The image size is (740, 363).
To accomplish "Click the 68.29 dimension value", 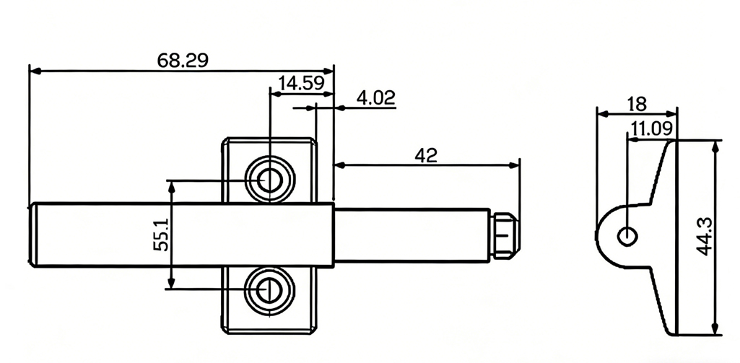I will click(183, 60).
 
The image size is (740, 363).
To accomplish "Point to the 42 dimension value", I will click(426, 154).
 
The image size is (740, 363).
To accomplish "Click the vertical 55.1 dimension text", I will click(160, 235).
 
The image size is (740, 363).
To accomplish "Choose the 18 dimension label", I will click(636, 104).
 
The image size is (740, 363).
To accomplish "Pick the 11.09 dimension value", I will click(651, 129).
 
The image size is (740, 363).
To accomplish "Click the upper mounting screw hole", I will click(269, 180).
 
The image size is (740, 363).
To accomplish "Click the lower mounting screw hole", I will click(269, 289).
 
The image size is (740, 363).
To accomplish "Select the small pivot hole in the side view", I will click(627, 235).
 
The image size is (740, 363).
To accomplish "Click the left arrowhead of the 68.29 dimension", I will click(33, 71).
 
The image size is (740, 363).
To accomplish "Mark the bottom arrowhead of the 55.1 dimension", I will click(171, 284).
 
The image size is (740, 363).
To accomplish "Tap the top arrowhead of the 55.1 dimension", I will click(171, 185).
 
